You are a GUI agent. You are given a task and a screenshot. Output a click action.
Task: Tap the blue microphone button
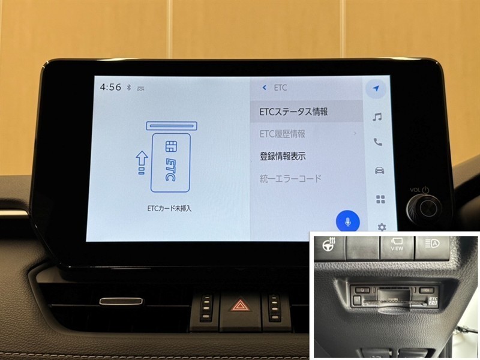[x=347, y=221]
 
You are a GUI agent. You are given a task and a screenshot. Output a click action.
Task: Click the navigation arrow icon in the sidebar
[x=376, y=88]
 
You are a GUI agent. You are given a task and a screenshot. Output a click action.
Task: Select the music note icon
[x=377, y=117]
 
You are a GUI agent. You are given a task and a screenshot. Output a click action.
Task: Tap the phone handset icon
[x=378, y=142]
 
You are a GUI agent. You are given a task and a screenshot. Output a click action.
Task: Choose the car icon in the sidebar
[x=379, y=170]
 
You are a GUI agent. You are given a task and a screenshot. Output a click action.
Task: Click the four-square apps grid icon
[x=380, y=199]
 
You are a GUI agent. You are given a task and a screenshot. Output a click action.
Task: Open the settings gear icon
[x=382, y=227]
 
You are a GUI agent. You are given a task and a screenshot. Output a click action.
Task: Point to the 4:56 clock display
[x=110, y=87]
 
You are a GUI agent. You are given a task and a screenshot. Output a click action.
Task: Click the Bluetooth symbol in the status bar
[x=129, y=88]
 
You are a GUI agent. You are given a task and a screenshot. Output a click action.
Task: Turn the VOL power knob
[x=425, y=208]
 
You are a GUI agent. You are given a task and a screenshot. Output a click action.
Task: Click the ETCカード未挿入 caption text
[x=169, y=208]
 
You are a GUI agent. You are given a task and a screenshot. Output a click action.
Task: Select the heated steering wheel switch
[x=329, y=245]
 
